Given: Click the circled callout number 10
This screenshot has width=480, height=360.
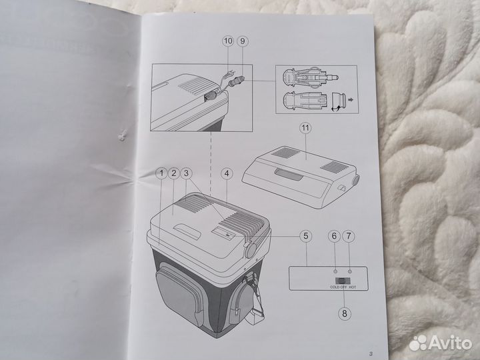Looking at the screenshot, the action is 228,41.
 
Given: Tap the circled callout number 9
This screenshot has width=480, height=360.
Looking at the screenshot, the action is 243,41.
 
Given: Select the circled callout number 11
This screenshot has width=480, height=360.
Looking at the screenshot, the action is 305,127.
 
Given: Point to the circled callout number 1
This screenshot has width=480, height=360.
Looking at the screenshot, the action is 161,173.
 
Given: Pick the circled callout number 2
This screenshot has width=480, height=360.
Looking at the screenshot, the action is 174,173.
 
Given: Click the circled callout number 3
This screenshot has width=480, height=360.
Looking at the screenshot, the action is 186,173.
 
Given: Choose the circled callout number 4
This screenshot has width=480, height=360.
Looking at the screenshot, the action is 227,174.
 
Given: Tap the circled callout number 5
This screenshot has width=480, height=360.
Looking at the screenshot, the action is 305,236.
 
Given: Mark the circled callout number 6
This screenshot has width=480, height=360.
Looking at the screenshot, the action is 334,236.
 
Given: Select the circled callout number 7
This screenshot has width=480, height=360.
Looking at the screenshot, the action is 349,236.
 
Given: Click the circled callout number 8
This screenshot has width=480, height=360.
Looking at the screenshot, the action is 345,313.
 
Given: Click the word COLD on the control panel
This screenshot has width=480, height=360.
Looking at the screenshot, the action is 335,287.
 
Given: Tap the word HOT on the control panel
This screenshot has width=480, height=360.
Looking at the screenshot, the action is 353,287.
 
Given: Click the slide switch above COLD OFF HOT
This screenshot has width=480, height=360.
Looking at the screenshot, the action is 343,281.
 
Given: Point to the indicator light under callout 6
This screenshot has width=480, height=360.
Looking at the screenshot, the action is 335,271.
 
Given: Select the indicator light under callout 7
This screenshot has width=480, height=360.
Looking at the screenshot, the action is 349,271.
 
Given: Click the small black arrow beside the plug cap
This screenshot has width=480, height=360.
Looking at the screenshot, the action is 351,99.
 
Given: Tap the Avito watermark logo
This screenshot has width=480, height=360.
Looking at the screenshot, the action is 440,343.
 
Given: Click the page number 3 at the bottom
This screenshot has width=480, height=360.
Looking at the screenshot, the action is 371,354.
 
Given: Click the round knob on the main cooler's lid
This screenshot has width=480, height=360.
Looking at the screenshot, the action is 251,250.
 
